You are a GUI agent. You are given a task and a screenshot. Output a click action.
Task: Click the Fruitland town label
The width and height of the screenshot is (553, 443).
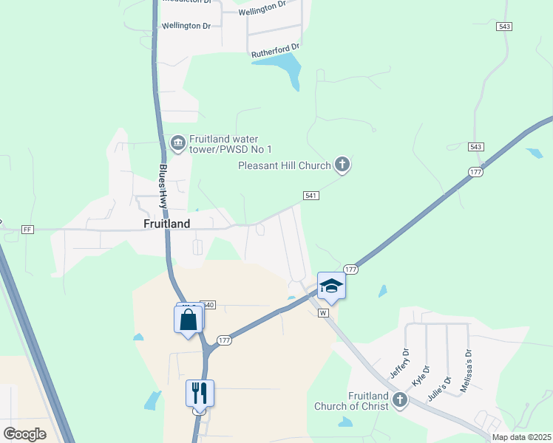166,223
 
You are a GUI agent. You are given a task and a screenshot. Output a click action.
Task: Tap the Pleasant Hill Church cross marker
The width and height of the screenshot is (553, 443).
342,165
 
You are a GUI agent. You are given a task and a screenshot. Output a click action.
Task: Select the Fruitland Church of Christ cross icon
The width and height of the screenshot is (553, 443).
400,400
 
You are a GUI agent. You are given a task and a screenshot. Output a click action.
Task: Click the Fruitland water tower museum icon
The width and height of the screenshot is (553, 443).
177,142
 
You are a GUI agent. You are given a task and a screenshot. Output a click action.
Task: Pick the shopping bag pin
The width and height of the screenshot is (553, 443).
189,320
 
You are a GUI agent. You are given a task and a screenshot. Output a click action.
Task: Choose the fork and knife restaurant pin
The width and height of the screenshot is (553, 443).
200,392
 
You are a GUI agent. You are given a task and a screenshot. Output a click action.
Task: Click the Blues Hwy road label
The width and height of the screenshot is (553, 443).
163,186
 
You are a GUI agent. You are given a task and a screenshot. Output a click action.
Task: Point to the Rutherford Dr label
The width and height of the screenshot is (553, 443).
274,50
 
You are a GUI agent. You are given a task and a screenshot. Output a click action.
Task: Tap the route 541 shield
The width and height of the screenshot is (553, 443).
311,195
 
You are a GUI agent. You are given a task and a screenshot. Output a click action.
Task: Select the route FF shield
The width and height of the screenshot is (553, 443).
28,229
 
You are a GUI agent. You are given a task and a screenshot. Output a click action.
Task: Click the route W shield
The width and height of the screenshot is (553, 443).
323,313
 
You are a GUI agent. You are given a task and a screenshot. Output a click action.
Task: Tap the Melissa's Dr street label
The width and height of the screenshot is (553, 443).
466,363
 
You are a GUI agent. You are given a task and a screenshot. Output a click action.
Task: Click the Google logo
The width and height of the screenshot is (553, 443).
25,433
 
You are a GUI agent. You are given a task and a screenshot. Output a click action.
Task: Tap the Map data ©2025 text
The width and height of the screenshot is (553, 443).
521,437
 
